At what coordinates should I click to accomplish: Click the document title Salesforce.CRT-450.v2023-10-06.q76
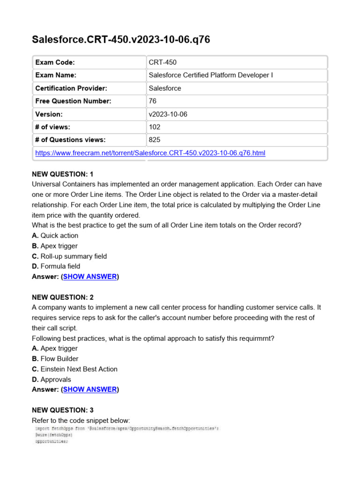[120, 40]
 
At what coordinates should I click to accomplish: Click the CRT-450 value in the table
[163, 62]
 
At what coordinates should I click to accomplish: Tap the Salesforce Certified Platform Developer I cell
[210, 75]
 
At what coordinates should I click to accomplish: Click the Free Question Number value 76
[153, 101]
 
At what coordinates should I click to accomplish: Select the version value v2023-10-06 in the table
[168, 114]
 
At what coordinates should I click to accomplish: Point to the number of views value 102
[154, 127]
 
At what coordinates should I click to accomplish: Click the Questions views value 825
[154, 140]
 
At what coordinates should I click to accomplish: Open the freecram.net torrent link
[150, 153]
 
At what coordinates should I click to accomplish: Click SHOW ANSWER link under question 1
[90, 277]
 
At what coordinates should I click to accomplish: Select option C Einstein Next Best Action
[75, 369]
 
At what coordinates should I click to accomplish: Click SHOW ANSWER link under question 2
[90, 390]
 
